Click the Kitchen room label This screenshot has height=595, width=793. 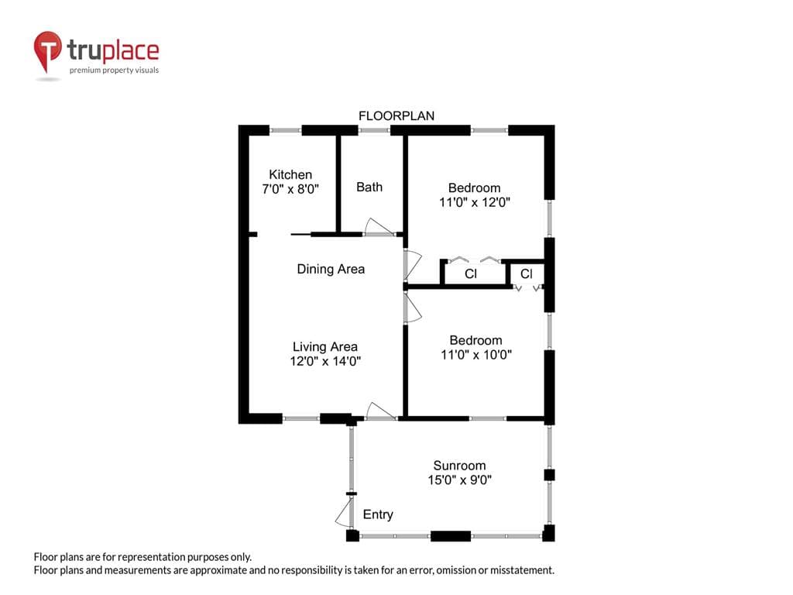tap(290, 174)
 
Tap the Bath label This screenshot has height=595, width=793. tap(369, 187)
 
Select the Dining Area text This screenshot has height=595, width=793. tap(331, 269)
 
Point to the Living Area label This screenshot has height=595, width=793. tap(325, 346)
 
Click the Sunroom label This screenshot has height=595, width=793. tap(459, 466)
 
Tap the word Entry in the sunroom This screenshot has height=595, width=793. tap(378, 514)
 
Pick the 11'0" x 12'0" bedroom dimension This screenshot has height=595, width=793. tap(475, 202)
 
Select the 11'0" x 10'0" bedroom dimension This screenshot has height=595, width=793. tap(476, 355)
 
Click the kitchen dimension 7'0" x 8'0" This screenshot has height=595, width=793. tap(290, 189)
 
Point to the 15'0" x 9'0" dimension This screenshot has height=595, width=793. tap(459, 480)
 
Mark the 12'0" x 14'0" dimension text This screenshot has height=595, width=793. tap(325, 361)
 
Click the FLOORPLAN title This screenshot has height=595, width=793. tap(396, 116)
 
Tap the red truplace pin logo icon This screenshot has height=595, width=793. tap(47, 50)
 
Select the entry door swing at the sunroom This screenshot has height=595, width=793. tap(345, 512)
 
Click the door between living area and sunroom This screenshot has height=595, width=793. tap(379, 411)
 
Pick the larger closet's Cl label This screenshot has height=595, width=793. tap(470, 273)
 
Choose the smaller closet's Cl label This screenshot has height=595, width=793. tap(526, 273)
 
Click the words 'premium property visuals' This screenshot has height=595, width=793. tap(115, 71)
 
